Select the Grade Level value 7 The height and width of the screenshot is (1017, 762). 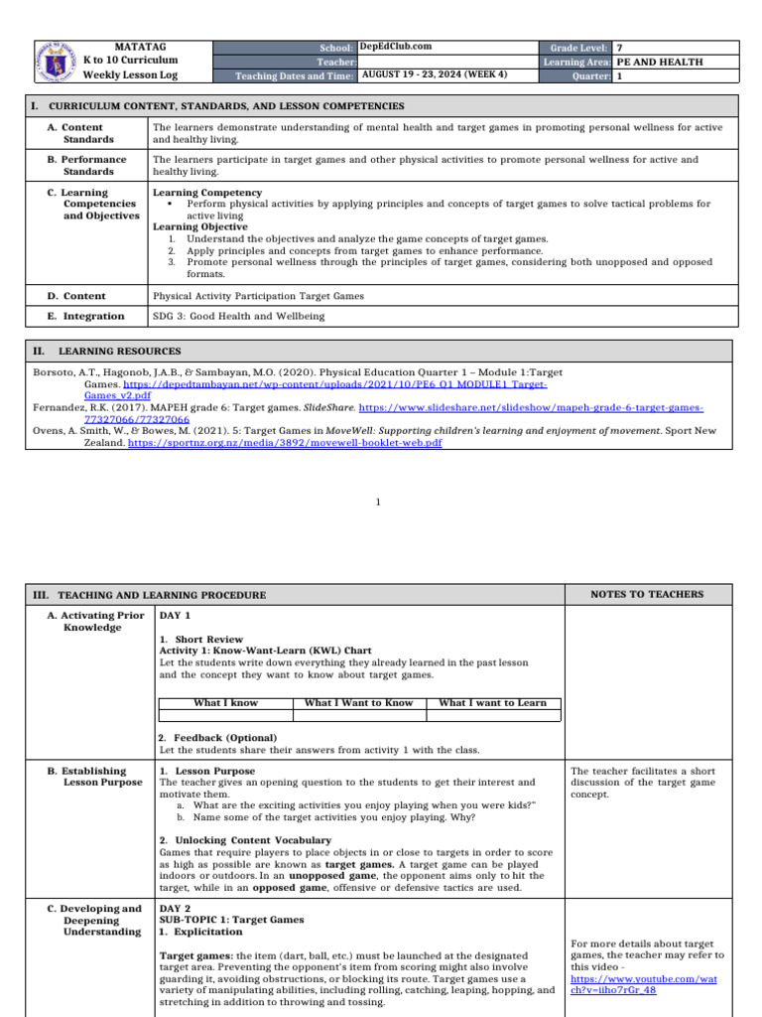click(620, 47)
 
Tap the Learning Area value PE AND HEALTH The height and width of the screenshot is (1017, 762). click(660, 62)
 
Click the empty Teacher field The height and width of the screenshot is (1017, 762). click(446, 61)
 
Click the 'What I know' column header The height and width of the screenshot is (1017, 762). click(225, 703)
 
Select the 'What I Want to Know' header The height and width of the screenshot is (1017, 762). click(358, 703)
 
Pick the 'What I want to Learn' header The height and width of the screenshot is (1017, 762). click(492, 703)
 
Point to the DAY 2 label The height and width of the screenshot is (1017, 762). click(175, 908)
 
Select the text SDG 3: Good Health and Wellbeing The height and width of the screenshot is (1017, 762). click(238, 316)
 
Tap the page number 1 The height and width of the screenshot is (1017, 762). click(380, 503)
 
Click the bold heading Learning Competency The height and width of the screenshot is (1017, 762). click(206, 192)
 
